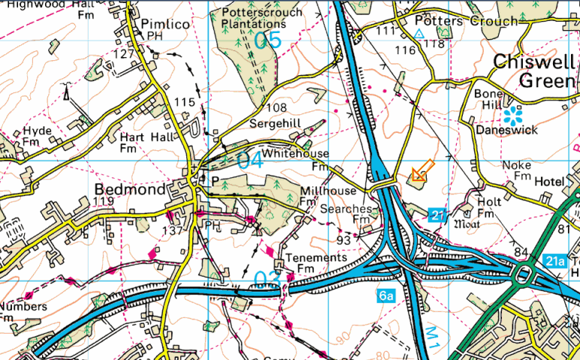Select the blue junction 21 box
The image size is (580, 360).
(440, 215)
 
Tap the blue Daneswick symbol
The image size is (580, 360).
(514, 115)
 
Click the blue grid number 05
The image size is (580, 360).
(267, 41)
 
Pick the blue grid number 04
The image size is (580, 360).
(250, 160)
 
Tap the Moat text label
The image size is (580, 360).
(467, 223)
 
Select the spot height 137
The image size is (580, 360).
(173, 231)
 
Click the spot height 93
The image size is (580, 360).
(345, 239)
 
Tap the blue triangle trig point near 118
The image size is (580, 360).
(419, 35)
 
